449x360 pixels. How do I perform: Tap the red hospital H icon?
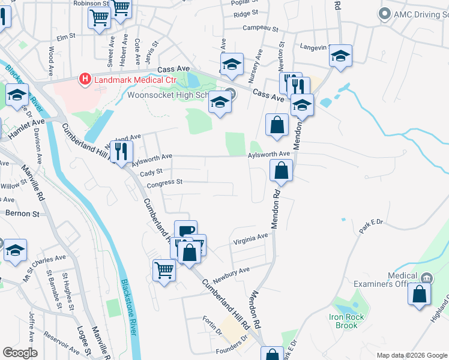[x=85, y=79]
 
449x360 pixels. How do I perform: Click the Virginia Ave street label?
[x=250, y=238]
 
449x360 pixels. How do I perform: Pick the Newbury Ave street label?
[x=231, y=271]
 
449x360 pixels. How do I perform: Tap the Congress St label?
[x=164, y=182]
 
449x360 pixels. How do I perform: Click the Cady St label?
[x=152, y=172]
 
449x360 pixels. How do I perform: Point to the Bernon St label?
[x=22, y=213]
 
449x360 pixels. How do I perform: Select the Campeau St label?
[x=261, y=28]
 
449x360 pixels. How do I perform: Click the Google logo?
[x=20, y=353]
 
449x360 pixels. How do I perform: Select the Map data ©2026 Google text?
[x=411, y=355]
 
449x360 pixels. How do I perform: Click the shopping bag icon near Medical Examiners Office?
[x=419, y=295]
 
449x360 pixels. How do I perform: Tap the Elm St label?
[x=65, y=37]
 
